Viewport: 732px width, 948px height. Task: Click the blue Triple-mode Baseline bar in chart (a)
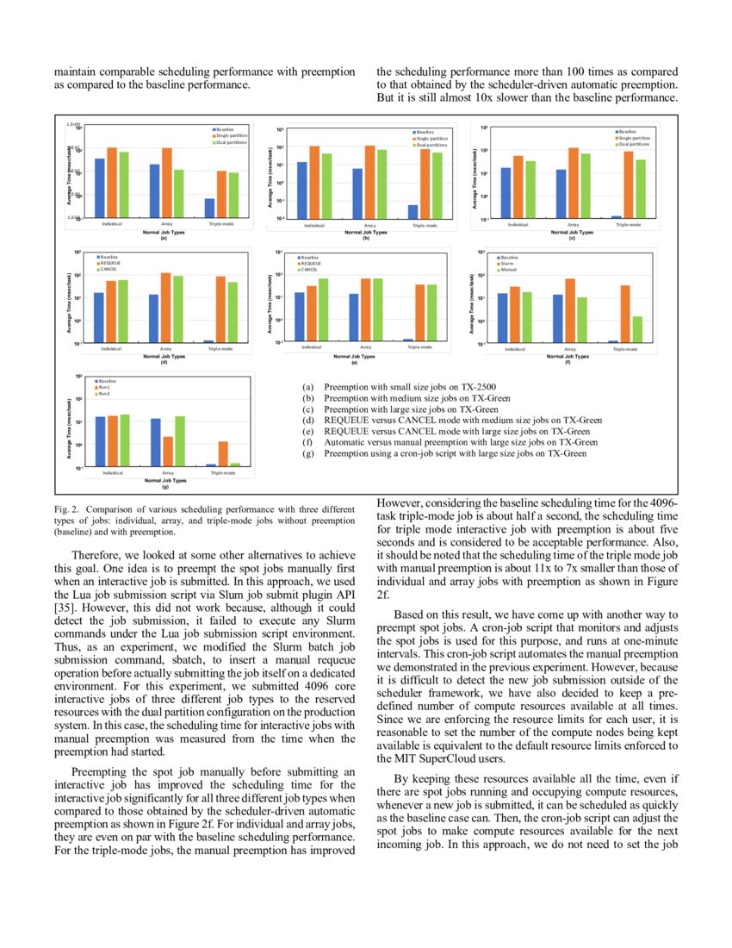tap(209, 209)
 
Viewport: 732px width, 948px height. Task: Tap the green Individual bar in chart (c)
tap(530, 190)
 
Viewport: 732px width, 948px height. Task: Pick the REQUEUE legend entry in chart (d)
tap(110, 263)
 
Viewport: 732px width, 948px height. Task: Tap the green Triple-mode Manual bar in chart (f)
tap(636, 329)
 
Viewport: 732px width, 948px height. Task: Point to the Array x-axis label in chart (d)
tap(166, 349)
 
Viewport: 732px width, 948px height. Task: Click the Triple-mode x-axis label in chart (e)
tap(419, 348)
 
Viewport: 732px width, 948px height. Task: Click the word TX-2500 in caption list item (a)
tap(475, 386)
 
